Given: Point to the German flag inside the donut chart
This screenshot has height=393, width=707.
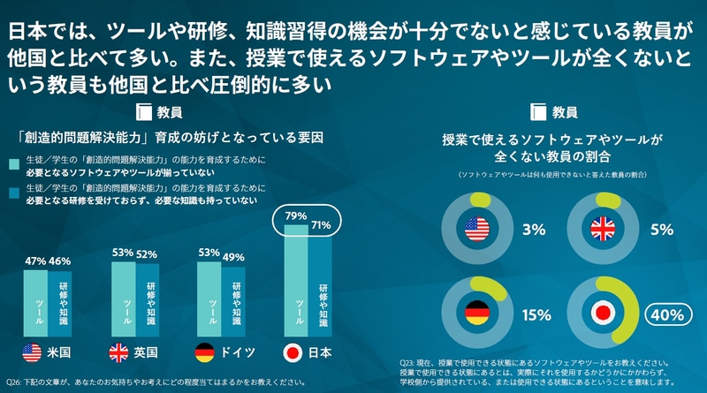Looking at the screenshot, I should point(477,314).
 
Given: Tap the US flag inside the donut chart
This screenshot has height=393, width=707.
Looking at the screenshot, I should point(477,230).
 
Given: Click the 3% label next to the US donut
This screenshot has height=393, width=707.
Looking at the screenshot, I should point(533,230).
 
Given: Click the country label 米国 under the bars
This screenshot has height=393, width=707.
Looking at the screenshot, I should point(59,353).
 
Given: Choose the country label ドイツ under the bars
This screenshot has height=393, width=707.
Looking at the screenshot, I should point(238,353).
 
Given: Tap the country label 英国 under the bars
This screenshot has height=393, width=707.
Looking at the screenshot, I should point(146,353).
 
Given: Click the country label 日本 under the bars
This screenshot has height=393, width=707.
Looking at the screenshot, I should point(319,353).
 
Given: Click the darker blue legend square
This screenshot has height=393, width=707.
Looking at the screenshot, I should point(14,190).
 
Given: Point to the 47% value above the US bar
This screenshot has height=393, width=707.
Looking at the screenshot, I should point(34,261).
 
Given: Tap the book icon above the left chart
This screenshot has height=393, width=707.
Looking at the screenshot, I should point(145,112).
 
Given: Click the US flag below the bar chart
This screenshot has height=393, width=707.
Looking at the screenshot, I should point(31,353).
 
